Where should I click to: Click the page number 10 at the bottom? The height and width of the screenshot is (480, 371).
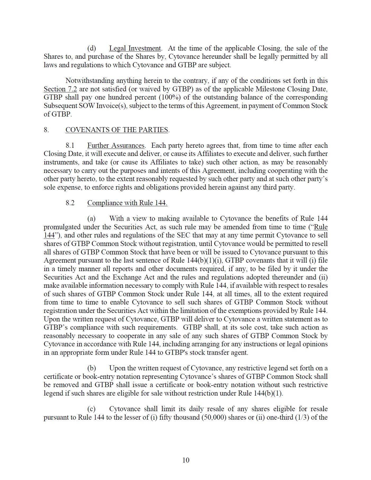point(186,460)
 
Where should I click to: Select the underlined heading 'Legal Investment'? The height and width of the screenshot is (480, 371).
point(135,48)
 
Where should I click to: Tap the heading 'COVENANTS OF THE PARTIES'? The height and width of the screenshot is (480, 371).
point(117,130)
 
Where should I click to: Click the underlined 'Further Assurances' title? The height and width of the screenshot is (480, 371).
point(116,146)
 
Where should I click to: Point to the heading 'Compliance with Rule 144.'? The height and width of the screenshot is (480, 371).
point(127,203)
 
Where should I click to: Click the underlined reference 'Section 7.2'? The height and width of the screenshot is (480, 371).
point(60,89)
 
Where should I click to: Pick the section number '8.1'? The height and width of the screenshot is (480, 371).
point(70,146)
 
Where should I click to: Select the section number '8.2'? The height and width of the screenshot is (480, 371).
point(70,203)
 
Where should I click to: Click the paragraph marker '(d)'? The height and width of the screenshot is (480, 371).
point(92,48)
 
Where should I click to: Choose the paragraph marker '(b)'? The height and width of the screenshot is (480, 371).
point(92,368)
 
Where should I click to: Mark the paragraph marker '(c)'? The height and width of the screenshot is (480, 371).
point(91,409)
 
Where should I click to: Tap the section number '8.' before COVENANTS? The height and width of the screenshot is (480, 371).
point(46,130)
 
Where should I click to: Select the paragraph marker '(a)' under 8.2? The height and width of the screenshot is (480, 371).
point(91,219)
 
